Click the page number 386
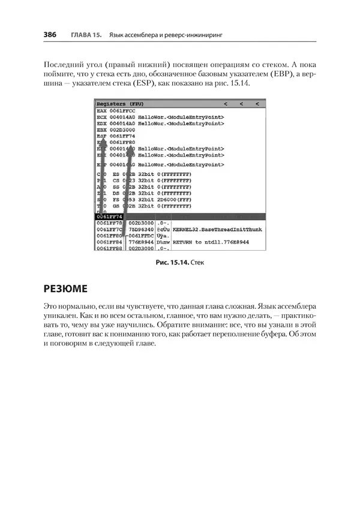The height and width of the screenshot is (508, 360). (x=50, y=35)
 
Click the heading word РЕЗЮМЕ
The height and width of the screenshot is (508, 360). (x=66, y=288)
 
